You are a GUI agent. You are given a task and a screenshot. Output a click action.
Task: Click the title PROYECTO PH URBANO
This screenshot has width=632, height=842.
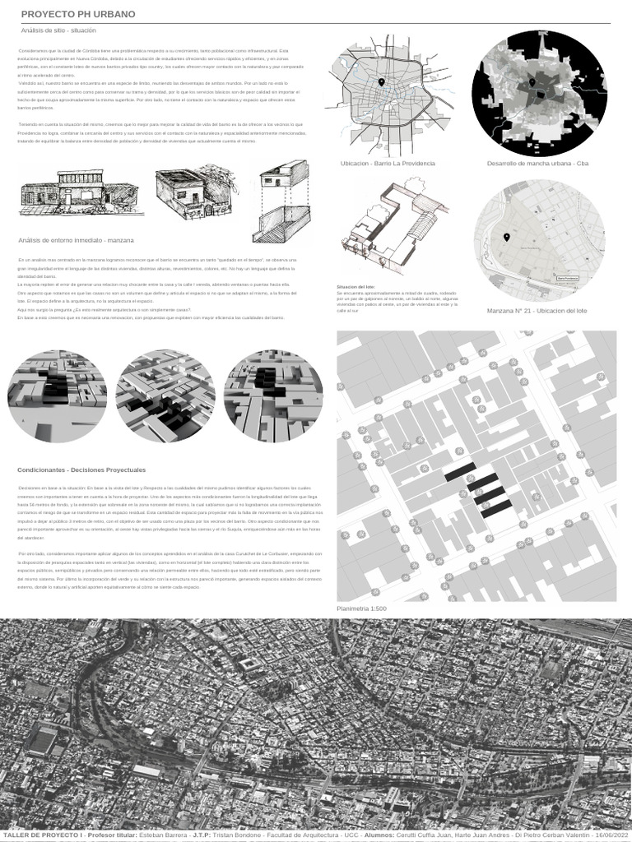(78, 15)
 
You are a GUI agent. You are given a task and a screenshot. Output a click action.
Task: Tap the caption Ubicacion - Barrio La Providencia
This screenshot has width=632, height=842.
(388, 164)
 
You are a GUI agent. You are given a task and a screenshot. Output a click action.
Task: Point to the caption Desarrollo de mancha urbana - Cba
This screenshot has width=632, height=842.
(537, 164)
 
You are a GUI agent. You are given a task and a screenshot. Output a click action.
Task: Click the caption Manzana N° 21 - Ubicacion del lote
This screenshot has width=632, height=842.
(537, 311)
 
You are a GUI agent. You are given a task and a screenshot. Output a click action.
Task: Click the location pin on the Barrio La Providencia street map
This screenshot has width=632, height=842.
(382, 83)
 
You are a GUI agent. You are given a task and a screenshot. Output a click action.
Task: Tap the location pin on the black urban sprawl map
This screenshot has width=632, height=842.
(532, 83)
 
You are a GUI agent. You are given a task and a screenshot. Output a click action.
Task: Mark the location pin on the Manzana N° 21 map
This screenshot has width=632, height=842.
(506, 238)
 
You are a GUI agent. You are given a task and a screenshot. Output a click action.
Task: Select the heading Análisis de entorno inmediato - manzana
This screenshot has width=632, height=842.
(76, 239)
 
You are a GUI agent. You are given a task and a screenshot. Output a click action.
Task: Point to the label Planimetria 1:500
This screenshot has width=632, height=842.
(361, 608)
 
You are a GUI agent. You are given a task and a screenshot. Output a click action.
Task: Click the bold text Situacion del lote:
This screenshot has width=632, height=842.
(355, 287)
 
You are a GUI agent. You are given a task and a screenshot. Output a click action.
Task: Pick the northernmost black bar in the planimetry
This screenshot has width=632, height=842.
(459, 472)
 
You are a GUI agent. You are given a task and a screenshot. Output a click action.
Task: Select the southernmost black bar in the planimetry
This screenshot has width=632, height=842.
(496, 508)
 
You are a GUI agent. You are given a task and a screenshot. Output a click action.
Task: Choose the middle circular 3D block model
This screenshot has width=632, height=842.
(165, 396)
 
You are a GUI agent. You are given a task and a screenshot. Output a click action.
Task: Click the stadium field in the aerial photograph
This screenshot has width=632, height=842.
(42, 741)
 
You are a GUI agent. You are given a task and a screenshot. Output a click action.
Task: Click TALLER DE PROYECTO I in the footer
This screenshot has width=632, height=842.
(42, 835)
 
